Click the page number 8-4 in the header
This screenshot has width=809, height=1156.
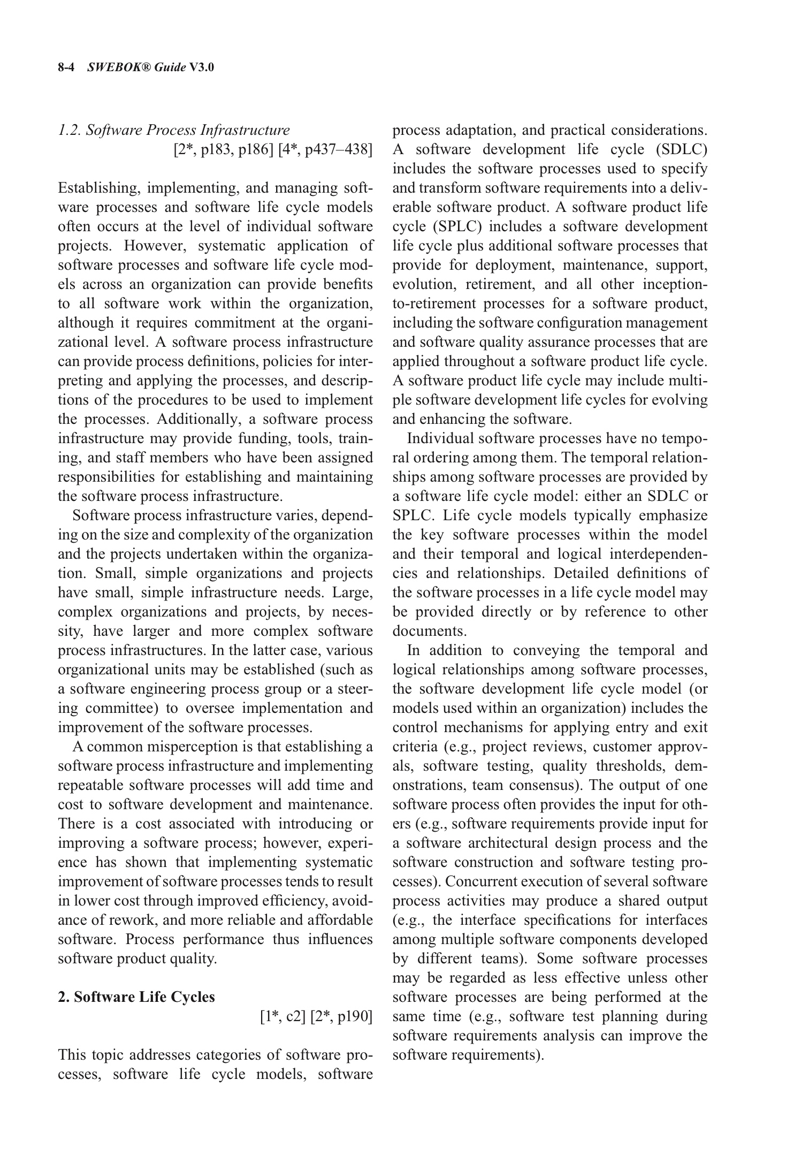pos(68,67)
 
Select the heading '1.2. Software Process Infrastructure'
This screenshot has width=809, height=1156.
pos(173,130)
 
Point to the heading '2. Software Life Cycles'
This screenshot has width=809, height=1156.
pos(136,997)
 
